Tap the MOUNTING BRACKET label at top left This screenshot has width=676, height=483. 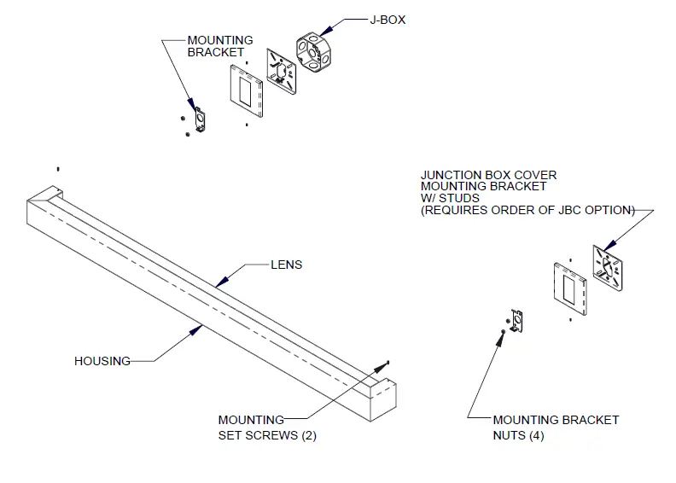coord(220,46)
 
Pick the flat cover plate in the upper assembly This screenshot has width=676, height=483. coord(247,94)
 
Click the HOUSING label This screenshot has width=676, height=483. coord(102,361)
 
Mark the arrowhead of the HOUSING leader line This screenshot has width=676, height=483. coord(201,324)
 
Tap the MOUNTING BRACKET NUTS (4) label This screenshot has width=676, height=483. coord(556,428)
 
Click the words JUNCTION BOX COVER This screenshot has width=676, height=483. coord(488,175)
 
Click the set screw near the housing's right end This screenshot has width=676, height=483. coord(388,364)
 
